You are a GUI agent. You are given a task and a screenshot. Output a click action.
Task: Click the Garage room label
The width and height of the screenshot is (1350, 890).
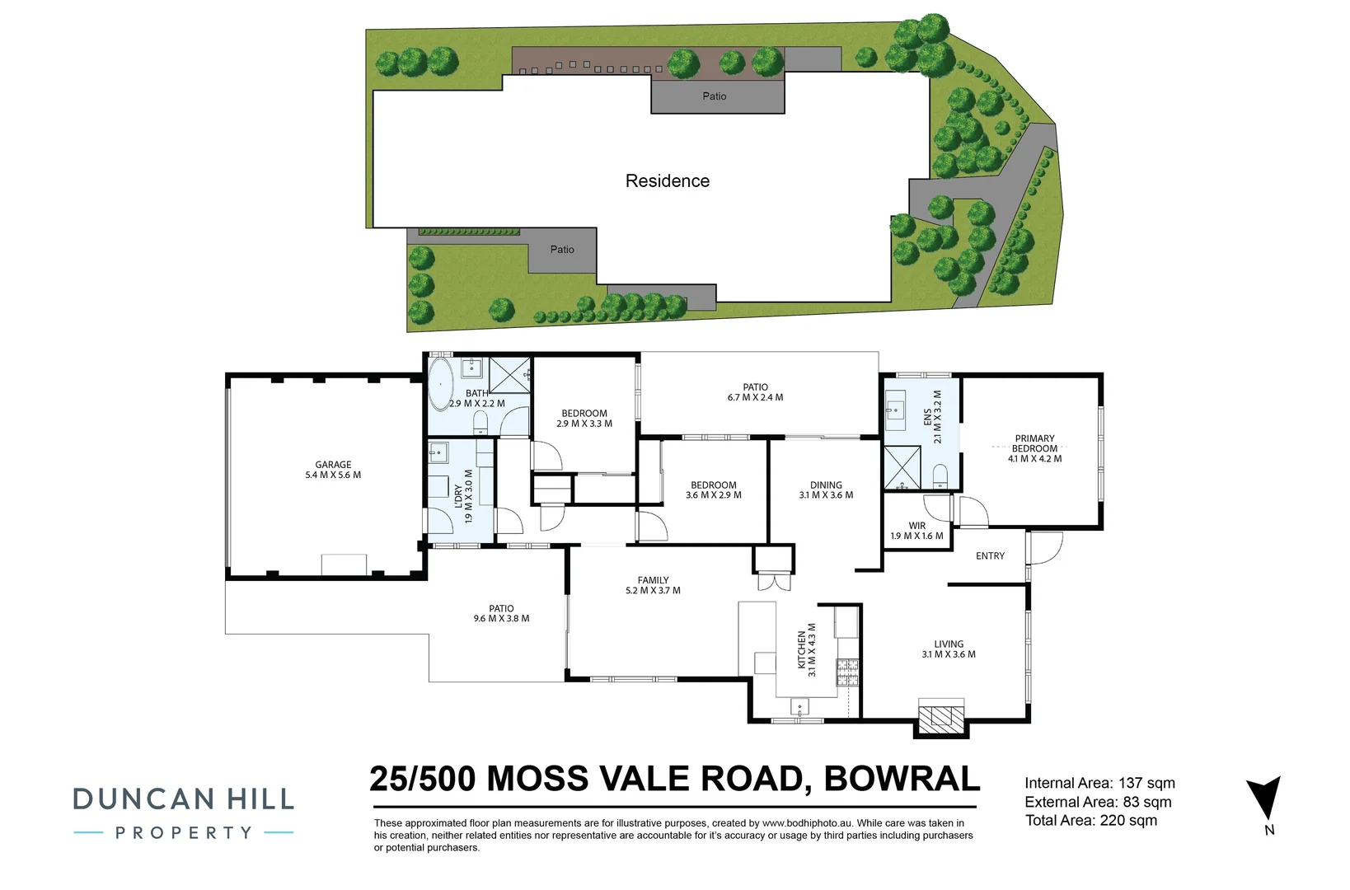pyautogui.click(x=333, y=465)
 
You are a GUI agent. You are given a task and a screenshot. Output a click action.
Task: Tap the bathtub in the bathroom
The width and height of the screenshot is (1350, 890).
pyautogui.click(x=441, y=385)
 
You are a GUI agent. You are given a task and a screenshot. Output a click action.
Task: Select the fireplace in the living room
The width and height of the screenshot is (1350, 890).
pyautogui.click(x=940, y=716)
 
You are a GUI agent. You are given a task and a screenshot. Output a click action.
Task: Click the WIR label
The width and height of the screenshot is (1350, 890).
pyautogui.click(x=916, y=526)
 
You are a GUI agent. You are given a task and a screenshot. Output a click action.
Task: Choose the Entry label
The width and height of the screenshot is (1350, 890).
pyautogui.click(x=990, y=556)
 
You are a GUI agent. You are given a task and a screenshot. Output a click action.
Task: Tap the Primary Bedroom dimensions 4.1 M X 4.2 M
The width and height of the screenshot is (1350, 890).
pyautogui.click(x=1035, y=458)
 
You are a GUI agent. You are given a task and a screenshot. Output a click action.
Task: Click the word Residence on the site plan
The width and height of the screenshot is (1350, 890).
pyautogui.click(x=667, y=180)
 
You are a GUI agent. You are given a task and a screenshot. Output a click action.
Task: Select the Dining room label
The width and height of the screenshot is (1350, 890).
pyautogui.click(x=826, y=485)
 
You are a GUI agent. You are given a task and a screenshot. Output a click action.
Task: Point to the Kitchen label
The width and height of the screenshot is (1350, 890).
pyautogui.click(x=802, y=650)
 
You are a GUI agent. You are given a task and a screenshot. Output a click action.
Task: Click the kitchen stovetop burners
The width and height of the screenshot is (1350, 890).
pyautogui.click(x=846, y=672)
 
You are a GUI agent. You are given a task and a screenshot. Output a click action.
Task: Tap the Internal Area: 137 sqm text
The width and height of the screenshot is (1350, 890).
pyautogui.click(x=1100, y=783)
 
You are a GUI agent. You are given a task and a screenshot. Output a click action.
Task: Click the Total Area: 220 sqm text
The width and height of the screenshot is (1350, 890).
pyautogui.click(x=1091, y=820)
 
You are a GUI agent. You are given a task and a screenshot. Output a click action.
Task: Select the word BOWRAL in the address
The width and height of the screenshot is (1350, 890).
pyautogui.click(x=902, y=779)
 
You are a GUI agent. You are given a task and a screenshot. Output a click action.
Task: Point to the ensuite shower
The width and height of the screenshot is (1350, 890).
pyautogui.click(x=902, y=467)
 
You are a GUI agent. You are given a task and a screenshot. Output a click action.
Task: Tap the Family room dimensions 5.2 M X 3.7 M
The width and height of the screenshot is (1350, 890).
pyautogui.click(x=653, y=591)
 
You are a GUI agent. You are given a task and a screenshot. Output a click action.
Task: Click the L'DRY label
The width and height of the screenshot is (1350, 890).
pyautogui.click(x=458, y=496)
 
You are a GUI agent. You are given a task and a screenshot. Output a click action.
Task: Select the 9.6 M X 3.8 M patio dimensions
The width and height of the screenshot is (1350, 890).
pyautogui.click(x=501, y=618)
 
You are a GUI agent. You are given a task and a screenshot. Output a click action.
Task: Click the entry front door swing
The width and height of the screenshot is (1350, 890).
pyautogui.click(x=1046, y=547)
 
